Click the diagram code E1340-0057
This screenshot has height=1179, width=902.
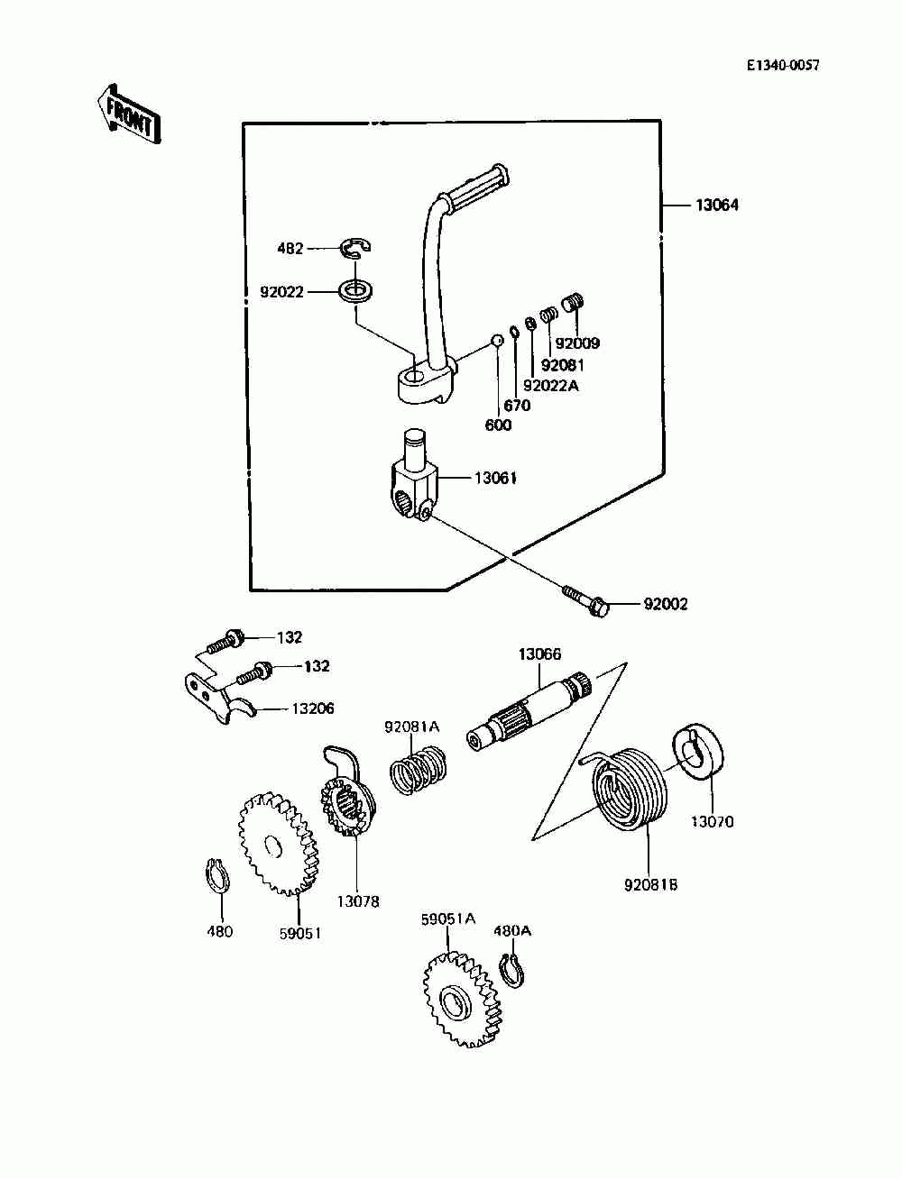click(x=783, y=66)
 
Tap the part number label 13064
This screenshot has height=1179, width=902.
click(x=717, y=205)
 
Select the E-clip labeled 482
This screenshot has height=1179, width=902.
click(x=356, y=247)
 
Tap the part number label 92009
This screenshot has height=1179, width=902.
click(x=577, y=343)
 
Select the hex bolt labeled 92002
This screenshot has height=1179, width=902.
click(x=586, y=600)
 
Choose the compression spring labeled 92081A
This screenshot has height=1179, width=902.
click(x=419, y=769)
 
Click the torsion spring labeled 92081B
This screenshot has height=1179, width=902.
click(x=626, y=791)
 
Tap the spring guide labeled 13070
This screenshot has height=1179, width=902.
click(x=697, y=750)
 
